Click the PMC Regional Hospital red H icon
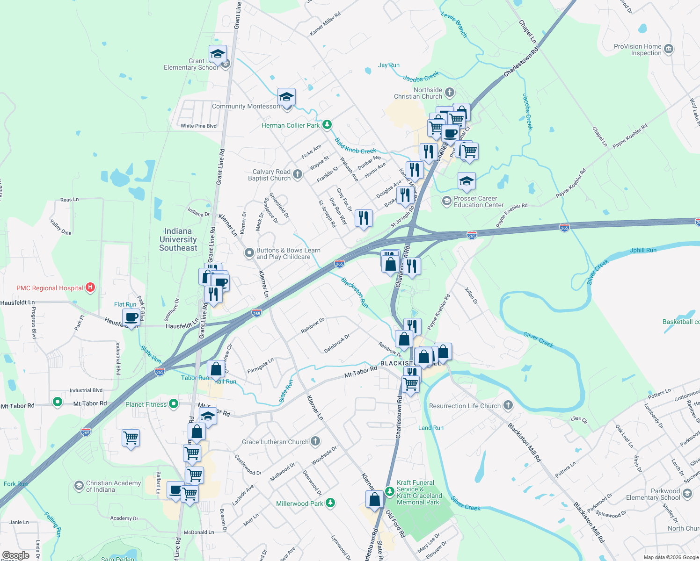point(91,288)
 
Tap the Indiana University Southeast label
point(178,239)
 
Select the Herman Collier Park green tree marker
point(327,125)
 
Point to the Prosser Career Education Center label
point(478,201)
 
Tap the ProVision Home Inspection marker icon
point(669,49)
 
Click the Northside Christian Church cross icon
point(449,92)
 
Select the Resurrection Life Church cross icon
point(508,405)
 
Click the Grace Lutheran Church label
point(275,442)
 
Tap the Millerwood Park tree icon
point(330,503)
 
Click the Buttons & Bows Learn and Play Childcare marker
point(249,253)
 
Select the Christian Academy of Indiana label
point(113,486)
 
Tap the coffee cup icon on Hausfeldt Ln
point(131,318)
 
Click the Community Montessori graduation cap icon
point(286,97)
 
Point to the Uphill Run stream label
point(642,250)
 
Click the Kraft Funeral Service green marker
point(389,490)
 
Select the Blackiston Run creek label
point(354,293)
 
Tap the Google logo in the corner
point(15,555)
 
